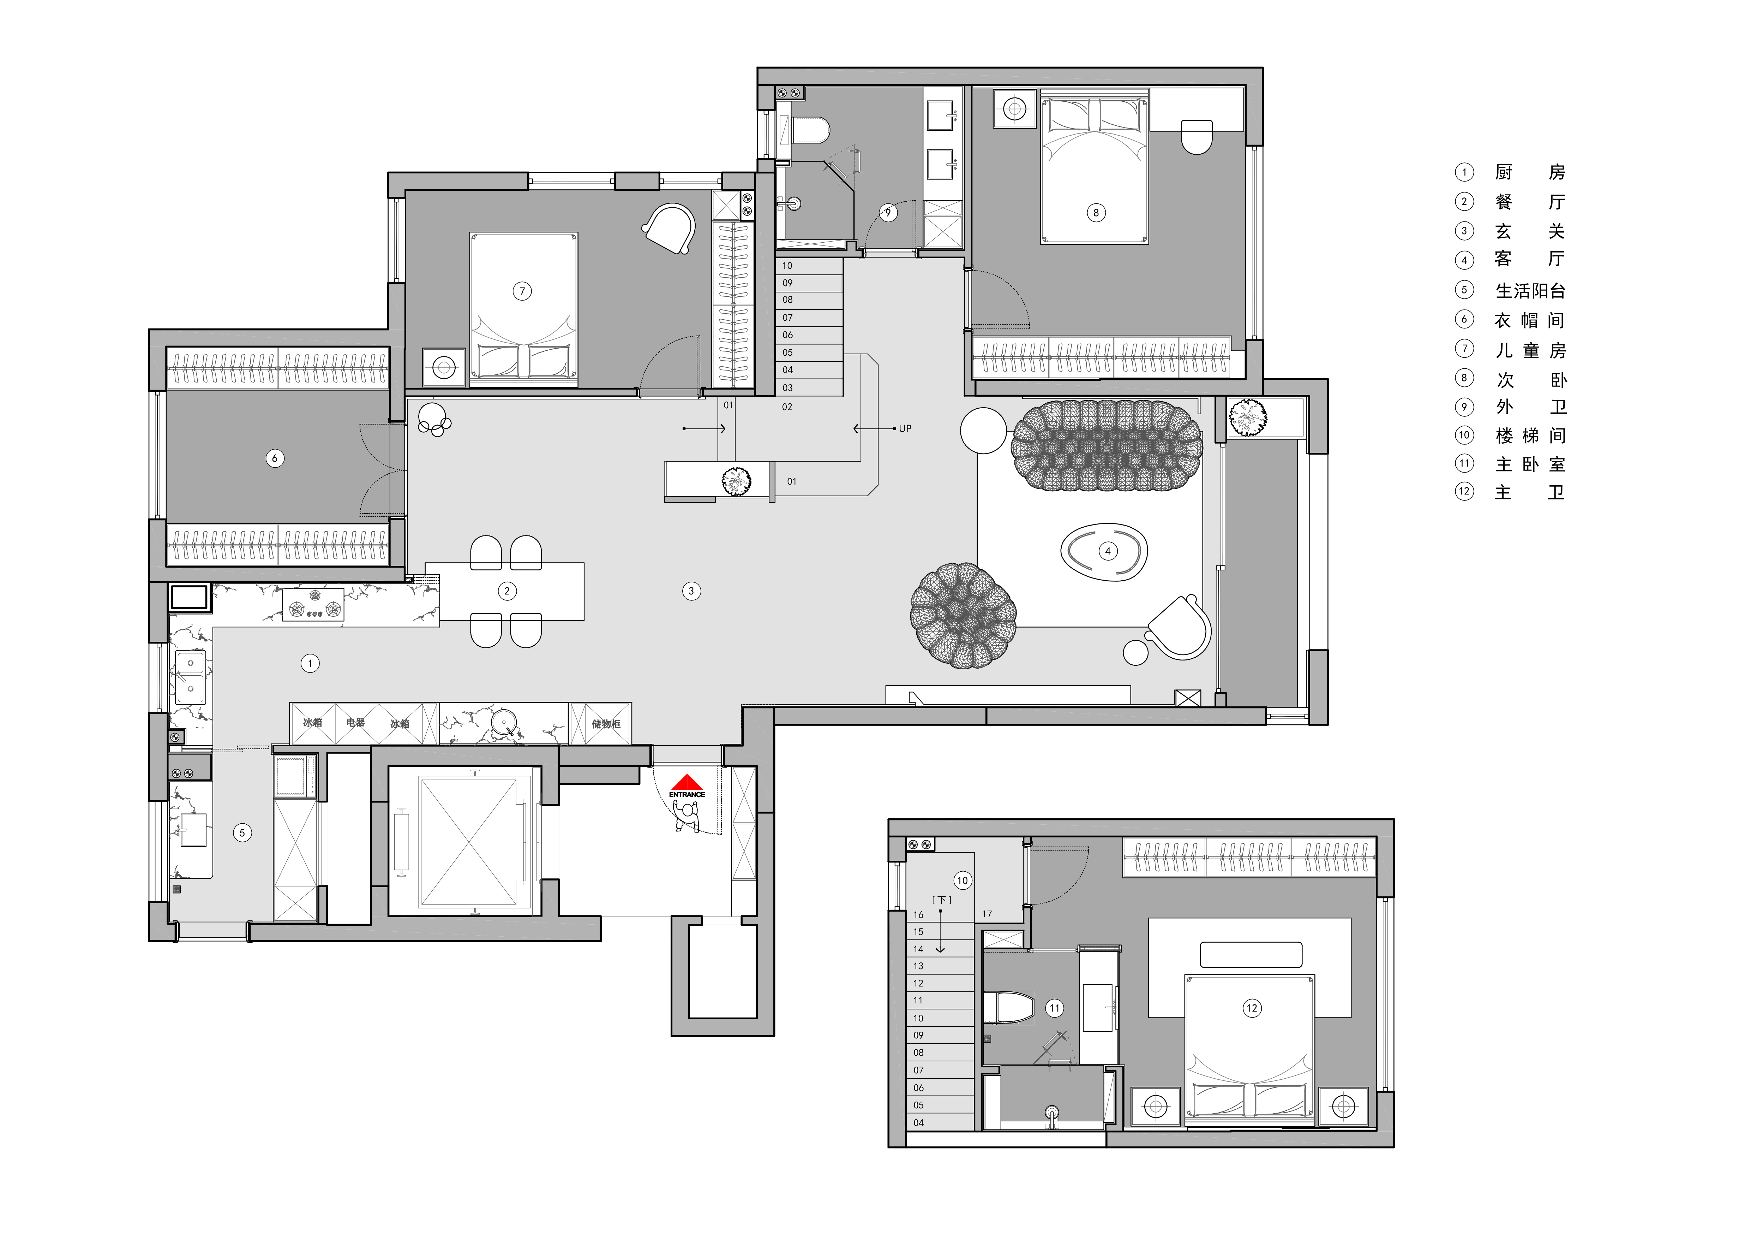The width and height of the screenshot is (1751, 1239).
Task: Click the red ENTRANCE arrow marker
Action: tap(687, 782)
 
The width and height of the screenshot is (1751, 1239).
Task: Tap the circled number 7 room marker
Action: tap(522, 291)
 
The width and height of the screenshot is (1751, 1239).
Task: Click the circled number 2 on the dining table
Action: tap(507, 591)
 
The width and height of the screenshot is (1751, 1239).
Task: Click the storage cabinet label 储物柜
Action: tap(606, 723)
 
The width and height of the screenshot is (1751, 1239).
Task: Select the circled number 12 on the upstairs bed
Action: tap(1252, 1008)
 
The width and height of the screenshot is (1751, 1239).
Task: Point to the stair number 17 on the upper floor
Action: tap(987, 914)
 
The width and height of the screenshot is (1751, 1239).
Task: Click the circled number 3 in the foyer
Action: tap(692, 591)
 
